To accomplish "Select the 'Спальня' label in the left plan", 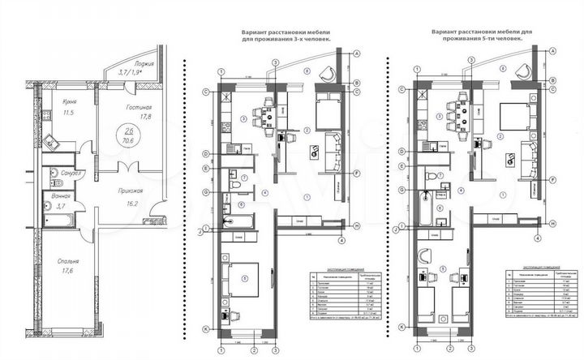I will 68,263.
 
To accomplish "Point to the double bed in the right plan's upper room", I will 515,118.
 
